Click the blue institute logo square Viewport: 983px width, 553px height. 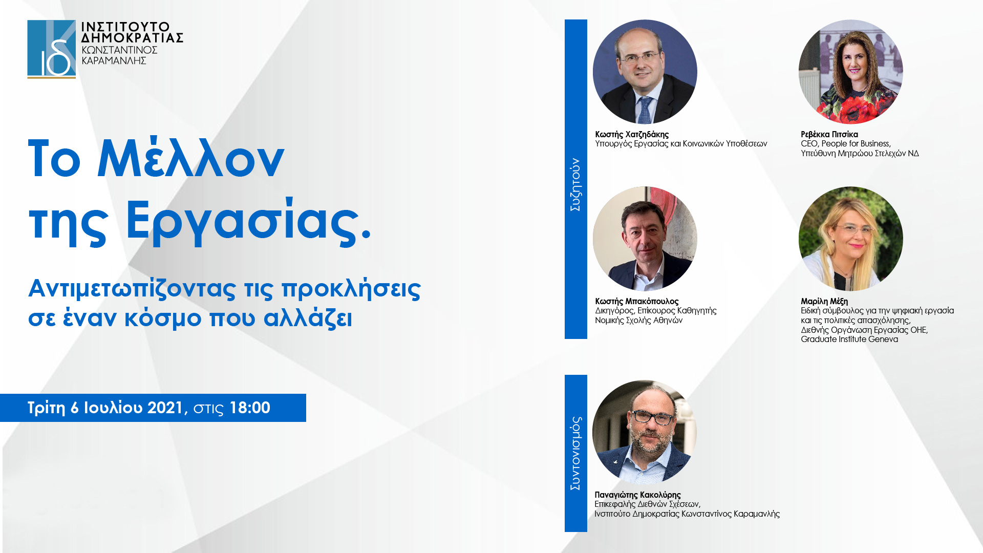pyautogui.click(x=51, y=49)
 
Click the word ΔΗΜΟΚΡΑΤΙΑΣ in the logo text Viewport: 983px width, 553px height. pyautogui.click(x=132, y=38)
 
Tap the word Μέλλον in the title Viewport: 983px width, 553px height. pyautogui.click(x=190, y=159)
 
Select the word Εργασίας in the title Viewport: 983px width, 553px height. pyautogui.click(x=248, y=221)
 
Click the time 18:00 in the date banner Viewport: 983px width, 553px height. pyautogui.click(x=250, y=408)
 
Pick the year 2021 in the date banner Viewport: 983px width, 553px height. pyautogui.click(x=165, y=408)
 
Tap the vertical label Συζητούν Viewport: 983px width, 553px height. pyautogui.click(x=575, y=184)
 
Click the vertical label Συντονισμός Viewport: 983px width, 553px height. pyautogui.click(x=575, y=453)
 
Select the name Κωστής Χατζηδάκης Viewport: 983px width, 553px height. pyautogui.click(x=632, y=135)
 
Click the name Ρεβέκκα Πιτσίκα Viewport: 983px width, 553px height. pyautogui.click(x=829, y=135)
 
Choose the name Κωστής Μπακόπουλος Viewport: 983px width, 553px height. pyautogui.click(x=636, y=302)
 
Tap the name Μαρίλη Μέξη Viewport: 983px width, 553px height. pyautogui.click(x=824, y=302)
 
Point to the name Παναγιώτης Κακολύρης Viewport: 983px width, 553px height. pyautogui.click(x=637, y=495)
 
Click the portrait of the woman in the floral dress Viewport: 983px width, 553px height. pyautogui.click(x=851, y=72)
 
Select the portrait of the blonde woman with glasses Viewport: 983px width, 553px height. pyautogui.click(x=851, y=239)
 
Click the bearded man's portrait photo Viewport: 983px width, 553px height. pyautogui.click(x=645, y=432)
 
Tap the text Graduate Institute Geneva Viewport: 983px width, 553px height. pyautogui.click(x=849, y=339)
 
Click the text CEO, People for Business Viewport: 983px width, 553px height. pyautogui.click(x=845, y=144)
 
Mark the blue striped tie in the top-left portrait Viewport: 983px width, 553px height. pyautogui.click(x=644, y=109)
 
